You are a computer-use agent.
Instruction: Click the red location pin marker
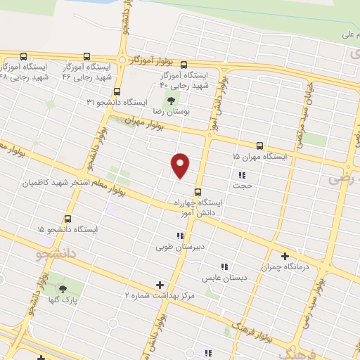[181, 166]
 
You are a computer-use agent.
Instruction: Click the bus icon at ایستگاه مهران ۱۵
[260, 147]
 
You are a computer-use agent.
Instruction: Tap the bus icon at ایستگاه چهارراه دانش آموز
[198, 191]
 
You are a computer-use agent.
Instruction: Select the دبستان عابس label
[224, 278]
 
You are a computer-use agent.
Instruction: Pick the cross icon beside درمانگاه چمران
[285, 256]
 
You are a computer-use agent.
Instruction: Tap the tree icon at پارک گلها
[63, 288]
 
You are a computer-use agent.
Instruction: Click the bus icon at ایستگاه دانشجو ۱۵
[68, 218]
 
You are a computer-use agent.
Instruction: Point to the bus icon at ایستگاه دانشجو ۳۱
[117, 91]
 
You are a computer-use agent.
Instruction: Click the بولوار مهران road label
[145, 124]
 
